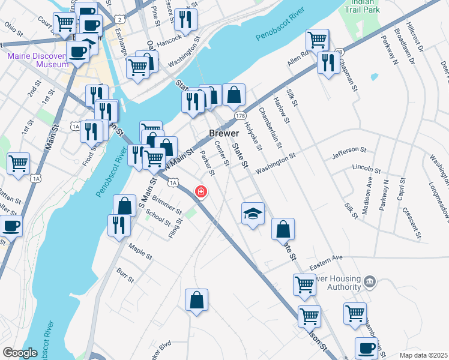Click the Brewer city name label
[x=224, y=133]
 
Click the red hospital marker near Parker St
[x=201, y=192]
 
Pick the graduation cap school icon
[x=253, y=213]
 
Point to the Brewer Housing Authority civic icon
[x=370, y=281]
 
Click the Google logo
[x=20, y=353]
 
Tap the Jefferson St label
[x=349, y=153]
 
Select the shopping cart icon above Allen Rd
[x=317, y=40]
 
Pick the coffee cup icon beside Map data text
[x=366, y=348]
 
